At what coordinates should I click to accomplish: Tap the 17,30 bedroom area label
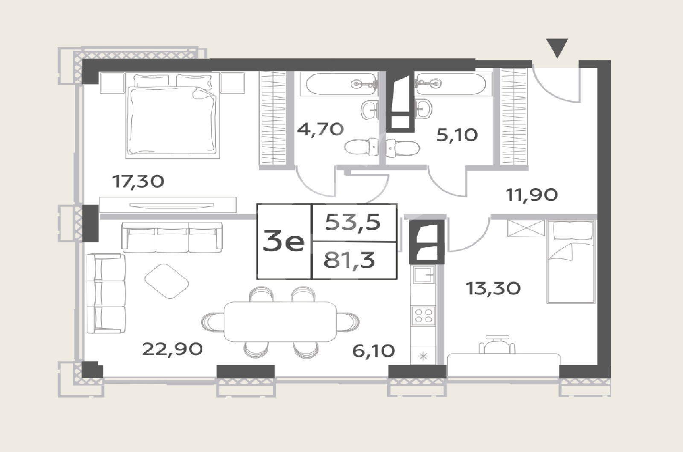pyautogui.click(x=138, y=182)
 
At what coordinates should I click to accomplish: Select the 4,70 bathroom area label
pyautogui.click(x=321, y=129)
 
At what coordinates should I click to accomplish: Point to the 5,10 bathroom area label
pyautogui.click(x=457, y=135)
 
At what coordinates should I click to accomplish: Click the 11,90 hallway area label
pyautogui.click(x=532, y=195)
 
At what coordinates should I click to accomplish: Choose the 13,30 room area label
pyautogui.click(x=493, y=288)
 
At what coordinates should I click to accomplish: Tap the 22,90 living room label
pyautogui.click(x=172, y=349)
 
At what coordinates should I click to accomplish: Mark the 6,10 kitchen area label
pyautogui.click(x=374, y=351)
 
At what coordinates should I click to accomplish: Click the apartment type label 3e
pyautogui.click(x=283, y=240)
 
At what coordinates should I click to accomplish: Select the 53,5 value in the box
pyautogui.click(x=353, y=222)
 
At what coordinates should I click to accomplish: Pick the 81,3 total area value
pyautogui.click(x=349, y=261)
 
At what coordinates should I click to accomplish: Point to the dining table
pyautogui.click(x=280, y=322)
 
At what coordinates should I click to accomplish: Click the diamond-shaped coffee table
pyautogui.click(x=166, y=281)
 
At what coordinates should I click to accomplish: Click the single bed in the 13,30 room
pyautogui.click(x=571, y=261)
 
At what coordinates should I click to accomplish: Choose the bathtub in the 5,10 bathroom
pyautogui.click(x=450, y=83)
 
